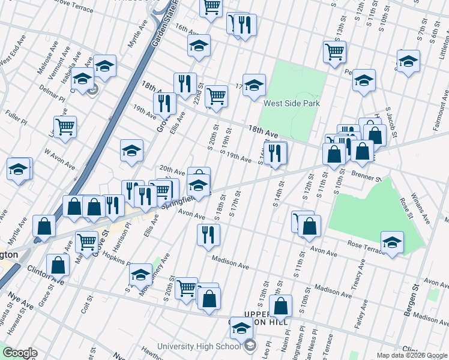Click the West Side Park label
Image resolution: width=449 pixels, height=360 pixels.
click(291, 103)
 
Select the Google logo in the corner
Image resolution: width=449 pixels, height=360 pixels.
click(20, 353)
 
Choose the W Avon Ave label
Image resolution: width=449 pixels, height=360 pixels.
click(58, 158)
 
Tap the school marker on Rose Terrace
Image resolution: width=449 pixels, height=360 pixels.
click(392, 242)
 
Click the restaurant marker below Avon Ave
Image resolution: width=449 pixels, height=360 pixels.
click(208, 234)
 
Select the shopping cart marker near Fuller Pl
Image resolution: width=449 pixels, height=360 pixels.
click(65, 127)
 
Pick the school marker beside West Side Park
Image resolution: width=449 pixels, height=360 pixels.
click(254, 85)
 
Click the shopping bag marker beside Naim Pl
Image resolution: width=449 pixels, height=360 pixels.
click(281, 306)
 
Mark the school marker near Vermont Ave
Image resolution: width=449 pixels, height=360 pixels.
click(104, 66)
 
